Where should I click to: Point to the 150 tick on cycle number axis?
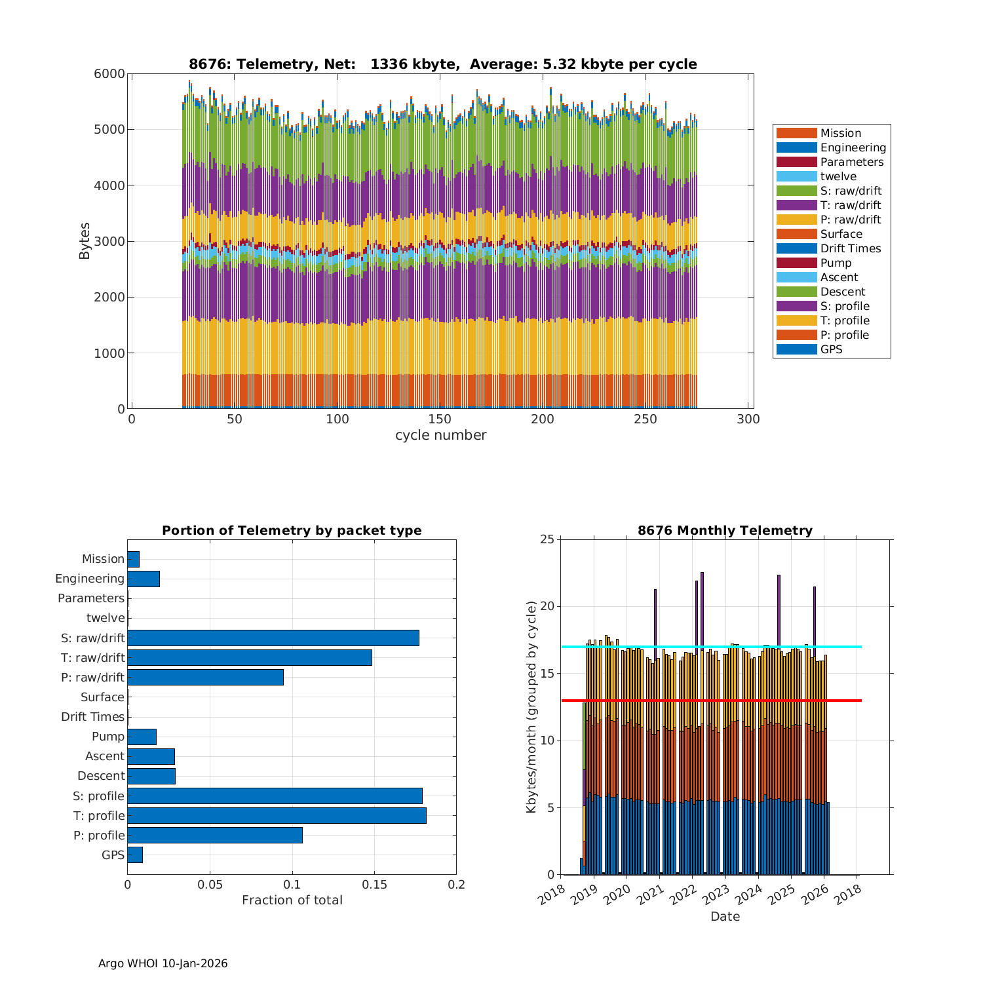click(x=440, y=420)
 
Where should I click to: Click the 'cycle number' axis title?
click(x=440, y=435)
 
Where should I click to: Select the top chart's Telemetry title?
click(x=442, y=64)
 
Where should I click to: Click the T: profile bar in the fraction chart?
click(x=277, y=815)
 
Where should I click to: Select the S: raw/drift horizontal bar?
click(x=273, y=638)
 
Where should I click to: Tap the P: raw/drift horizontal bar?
click(x=205, y=677)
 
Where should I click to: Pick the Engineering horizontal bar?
click(x=143, y=579)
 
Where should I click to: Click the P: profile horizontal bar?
click(x=214, y=835)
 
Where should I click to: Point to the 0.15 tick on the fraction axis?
click(x=374, y=885)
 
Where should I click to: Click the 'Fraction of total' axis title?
click(x=292, y=900)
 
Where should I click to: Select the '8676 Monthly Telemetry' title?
click(x=725, y=531)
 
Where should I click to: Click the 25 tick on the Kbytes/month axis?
click(x=547, y=539)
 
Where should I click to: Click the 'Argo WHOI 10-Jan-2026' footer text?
click(x=163, y=963)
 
